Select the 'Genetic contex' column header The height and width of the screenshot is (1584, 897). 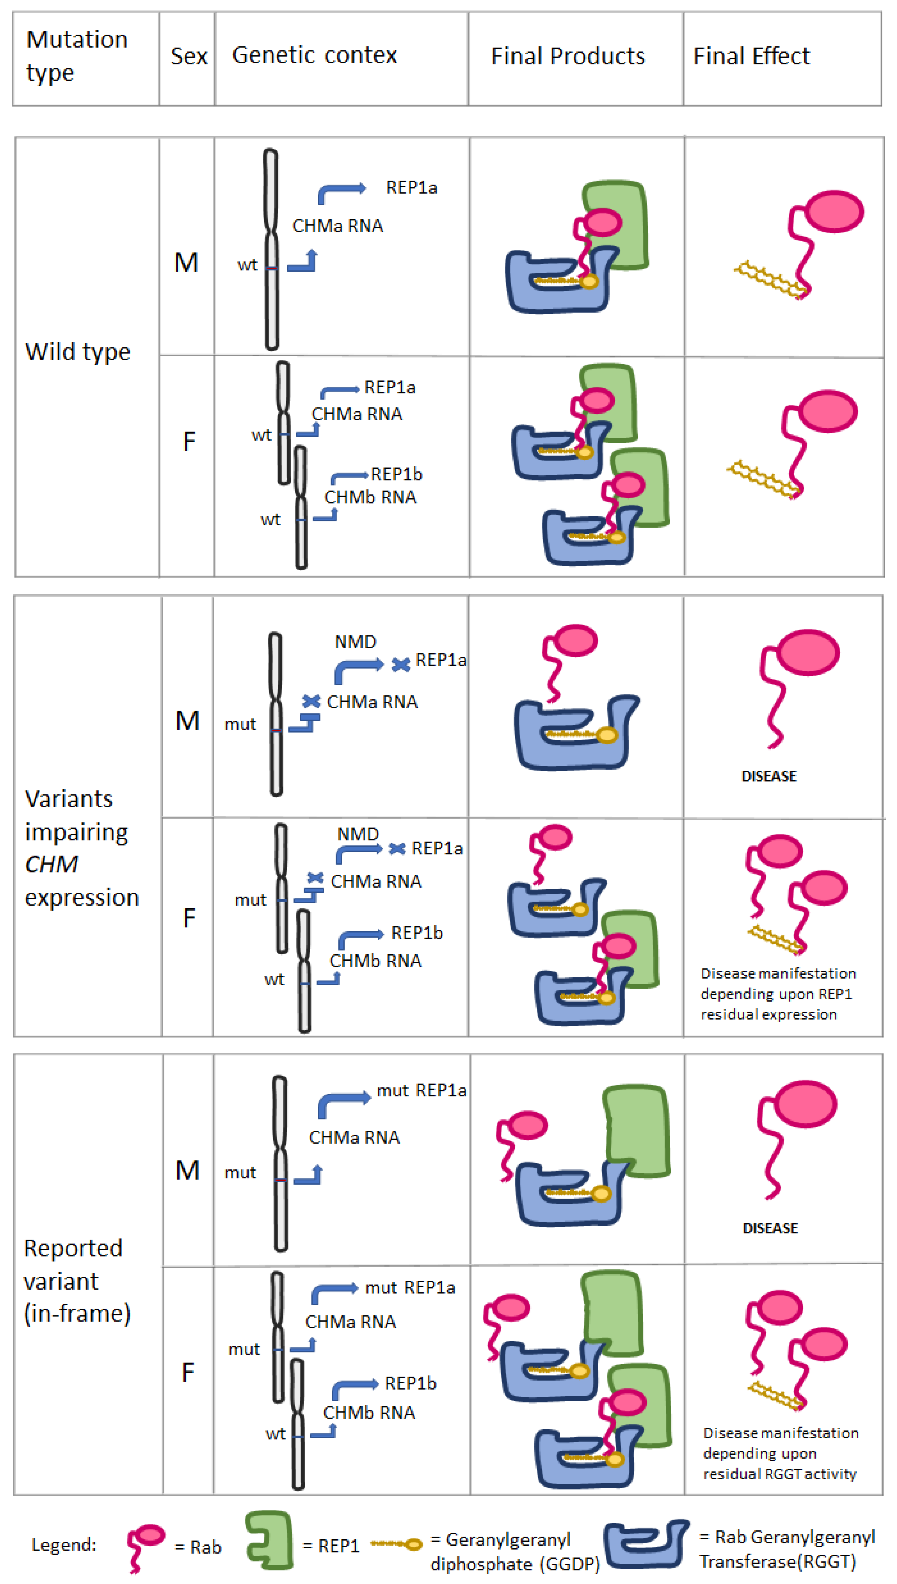click(314, 55)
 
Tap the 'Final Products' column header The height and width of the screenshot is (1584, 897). click(567, 56)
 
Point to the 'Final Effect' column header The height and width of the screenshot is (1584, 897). click(751, 56)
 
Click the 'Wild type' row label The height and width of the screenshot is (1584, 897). click(77, 352)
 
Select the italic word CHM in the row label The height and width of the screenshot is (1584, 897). click(52, 864)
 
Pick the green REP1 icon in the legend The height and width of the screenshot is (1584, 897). click(269, 1540)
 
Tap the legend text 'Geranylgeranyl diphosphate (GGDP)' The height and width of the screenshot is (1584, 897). click(514, 1551)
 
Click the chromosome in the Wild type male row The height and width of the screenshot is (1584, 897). click(271, 249)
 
